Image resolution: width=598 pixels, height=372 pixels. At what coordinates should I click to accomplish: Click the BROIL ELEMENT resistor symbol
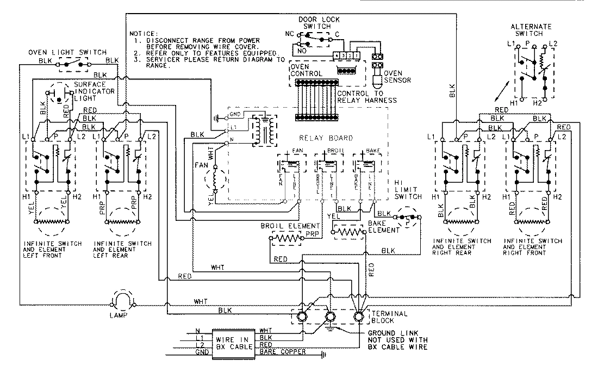coord(286,238)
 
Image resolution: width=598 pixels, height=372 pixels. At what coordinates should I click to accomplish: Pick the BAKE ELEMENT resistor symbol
coord(349,232)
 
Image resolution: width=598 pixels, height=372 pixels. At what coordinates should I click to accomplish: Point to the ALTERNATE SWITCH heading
coord(531,30)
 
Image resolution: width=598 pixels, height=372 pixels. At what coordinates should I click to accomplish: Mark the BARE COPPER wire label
coord(283,352)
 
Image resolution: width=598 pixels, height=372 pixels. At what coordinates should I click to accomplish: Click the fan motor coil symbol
coord(215,179)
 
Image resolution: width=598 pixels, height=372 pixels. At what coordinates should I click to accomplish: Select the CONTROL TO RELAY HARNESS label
coord(366,97)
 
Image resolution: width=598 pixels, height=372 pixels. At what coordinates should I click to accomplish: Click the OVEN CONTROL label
coord(307,69)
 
